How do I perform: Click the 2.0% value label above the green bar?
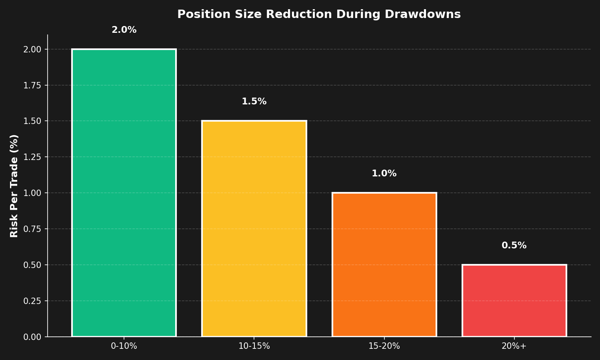coord(124,30)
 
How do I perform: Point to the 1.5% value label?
coord(254,102)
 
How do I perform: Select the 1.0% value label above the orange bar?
coord(384,174)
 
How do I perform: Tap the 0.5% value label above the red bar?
coord(514,246)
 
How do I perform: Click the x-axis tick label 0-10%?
coord(124,346)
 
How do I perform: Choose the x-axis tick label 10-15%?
coord(254,346)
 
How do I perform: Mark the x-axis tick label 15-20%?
coord(384,346)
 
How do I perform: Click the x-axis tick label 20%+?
coord(514,346)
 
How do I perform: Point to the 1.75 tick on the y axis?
coord(32,85)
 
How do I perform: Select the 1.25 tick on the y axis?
coord(32,157)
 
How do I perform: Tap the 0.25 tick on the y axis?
coord(32,301)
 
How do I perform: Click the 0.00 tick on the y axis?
coord(32,337)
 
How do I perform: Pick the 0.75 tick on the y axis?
coord(32,229)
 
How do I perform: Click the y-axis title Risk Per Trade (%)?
coord(14,186)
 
